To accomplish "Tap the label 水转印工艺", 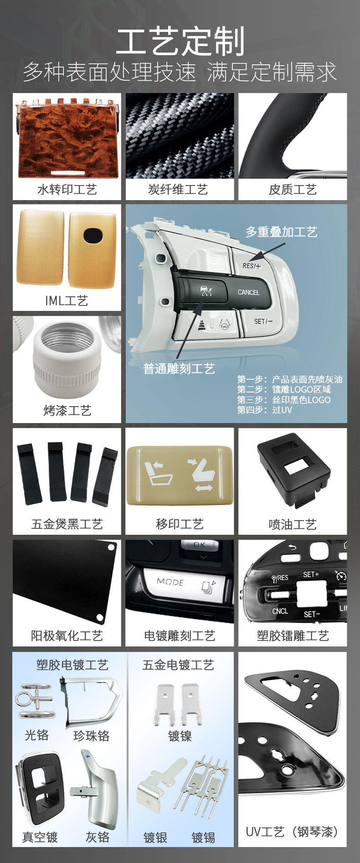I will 67,189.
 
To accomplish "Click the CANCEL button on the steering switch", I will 248,292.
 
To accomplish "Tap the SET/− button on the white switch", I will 263,321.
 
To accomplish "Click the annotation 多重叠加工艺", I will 281,232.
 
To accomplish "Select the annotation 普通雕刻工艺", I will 179,368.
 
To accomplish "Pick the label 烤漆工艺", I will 67,410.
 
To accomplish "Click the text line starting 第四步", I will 265,410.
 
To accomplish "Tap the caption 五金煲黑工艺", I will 67,524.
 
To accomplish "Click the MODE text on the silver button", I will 170,582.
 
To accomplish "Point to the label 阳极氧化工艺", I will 67,636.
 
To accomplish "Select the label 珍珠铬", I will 92,735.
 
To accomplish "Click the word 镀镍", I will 180,736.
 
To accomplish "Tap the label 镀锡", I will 203,837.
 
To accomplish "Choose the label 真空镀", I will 40,837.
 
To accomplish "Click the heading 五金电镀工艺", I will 178,665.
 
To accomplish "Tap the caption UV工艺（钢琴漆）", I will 292,832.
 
